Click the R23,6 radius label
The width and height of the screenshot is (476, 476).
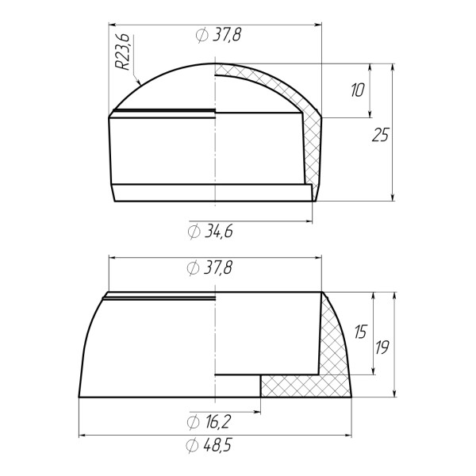123,52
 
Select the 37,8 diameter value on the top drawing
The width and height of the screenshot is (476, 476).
227,35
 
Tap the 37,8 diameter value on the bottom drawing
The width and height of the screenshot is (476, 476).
218,268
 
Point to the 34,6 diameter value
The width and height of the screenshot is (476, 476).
219,232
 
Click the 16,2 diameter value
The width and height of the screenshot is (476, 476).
218,422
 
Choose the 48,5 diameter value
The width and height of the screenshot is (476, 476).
217,445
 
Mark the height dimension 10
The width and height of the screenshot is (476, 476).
357,90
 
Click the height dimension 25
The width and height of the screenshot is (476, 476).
380,135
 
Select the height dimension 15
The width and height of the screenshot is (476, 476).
361,332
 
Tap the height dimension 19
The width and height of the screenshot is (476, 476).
382,347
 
